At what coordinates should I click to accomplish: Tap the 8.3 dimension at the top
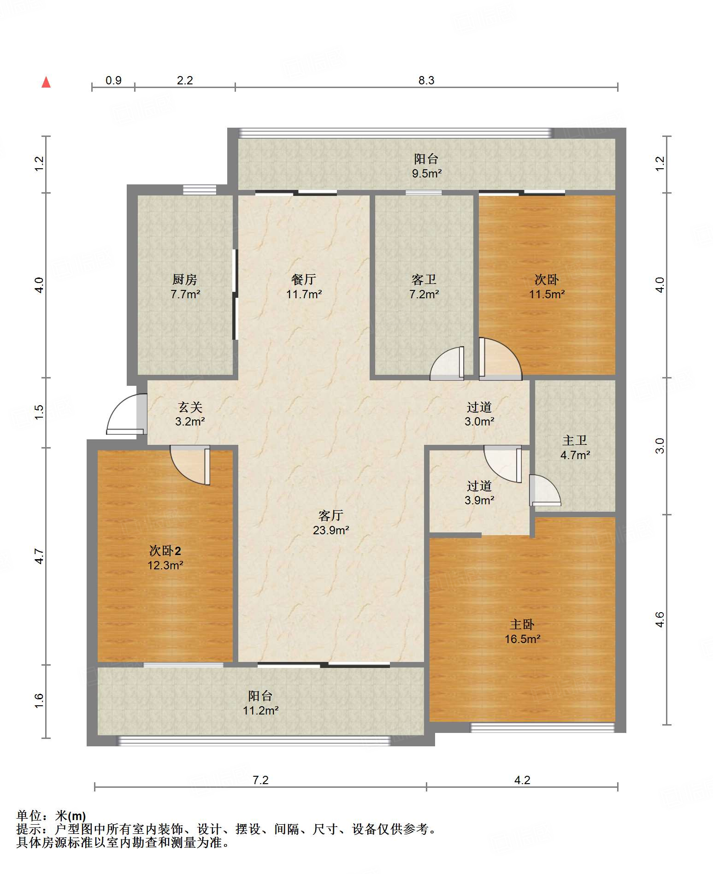(x=426, y=80)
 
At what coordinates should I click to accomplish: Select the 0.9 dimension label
(x=113, y=80)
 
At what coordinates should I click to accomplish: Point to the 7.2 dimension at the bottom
(x=260, y=780)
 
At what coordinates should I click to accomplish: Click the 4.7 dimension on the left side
(x=39, y=556)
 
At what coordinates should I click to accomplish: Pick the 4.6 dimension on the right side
(x=660, y=620)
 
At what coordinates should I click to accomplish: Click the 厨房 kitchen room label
(x=185, y=279)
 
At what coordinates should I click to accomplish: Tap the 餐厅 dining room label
(x=303, y=279)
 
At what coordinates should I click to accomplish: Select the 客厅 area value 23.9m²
(x=331, y=530)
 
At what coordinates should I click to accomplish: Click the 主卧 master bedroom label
(x=522, y=625)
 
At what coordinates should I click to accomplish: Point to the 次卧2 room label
(x=165, y=550)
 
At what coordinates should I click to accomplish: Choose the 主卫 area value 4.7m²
(x=575, y=455)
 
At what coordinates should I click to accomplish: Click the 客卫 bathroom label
(x=424, y=279)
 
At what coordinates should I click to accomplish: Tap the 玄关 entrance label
(x=190, y=407)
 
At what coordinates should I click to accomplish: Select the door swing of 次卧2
(x=190, y=465)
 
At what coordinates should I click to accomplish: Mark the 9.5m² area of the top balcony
(x=427, y=174)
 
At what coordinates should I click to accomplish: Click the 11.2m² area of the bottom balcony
(x=261, y=710)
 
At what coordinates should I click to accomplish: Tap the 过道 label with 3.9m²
(x=479, y=486)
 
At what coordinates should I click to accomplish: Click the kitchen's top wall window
(x=200, y=189)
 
